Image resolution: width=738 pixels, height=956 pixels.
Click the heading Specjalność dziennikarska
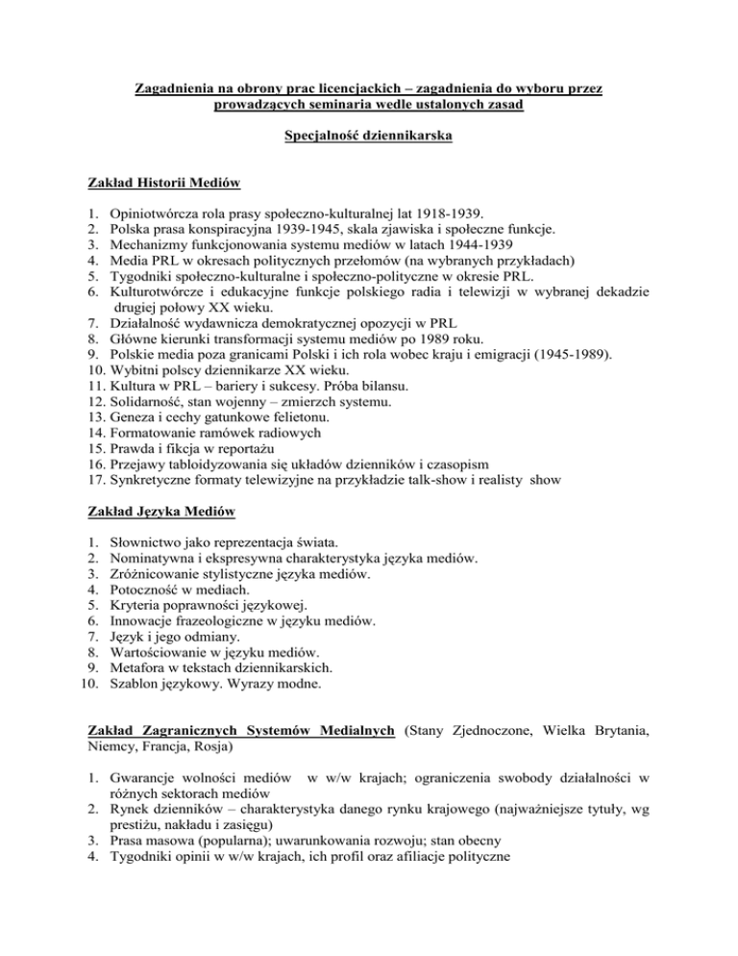point(369,137)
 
